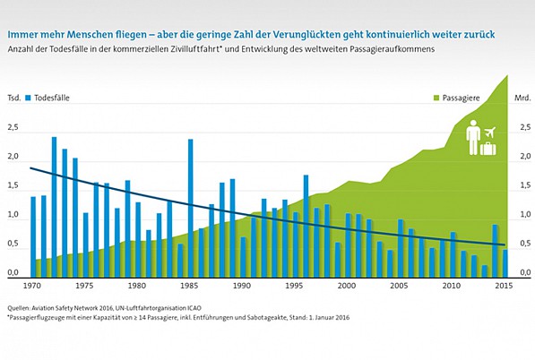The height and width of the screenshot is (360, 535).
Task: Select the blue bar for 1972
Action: pyautogui.click(x=54, y=206)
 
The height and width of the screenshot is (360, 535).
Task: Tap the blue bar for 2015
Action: pyautogui.click(x=506, y=262)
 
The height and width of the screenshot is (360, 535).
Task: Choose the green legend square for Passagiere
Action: pyautogui.click(x=437, y=96)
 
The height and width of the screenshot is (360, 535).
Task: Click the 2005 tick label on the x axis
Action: pyautogui.click(x=401, y=287)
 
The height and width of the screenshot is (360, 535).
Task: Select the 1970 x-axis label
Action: pyautogui.click(x=32, y=287)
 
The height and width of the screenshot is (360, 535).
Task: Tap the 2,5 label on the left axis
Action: pyautogui.click(x=13, y=128)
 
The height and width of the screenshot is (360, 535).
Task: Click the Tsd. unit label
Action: pyautogui.click(x=13, y=96)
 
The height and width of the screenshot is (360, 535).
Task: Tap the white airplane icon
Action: pyautogui.click(x=490, y=133)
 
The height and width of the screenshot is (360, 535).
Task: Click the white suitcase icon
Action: pyautogui.click(x=488, y=148)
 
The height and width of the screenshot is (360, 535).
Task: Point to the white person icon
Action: pyautogui.click(x=472, y=140)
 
